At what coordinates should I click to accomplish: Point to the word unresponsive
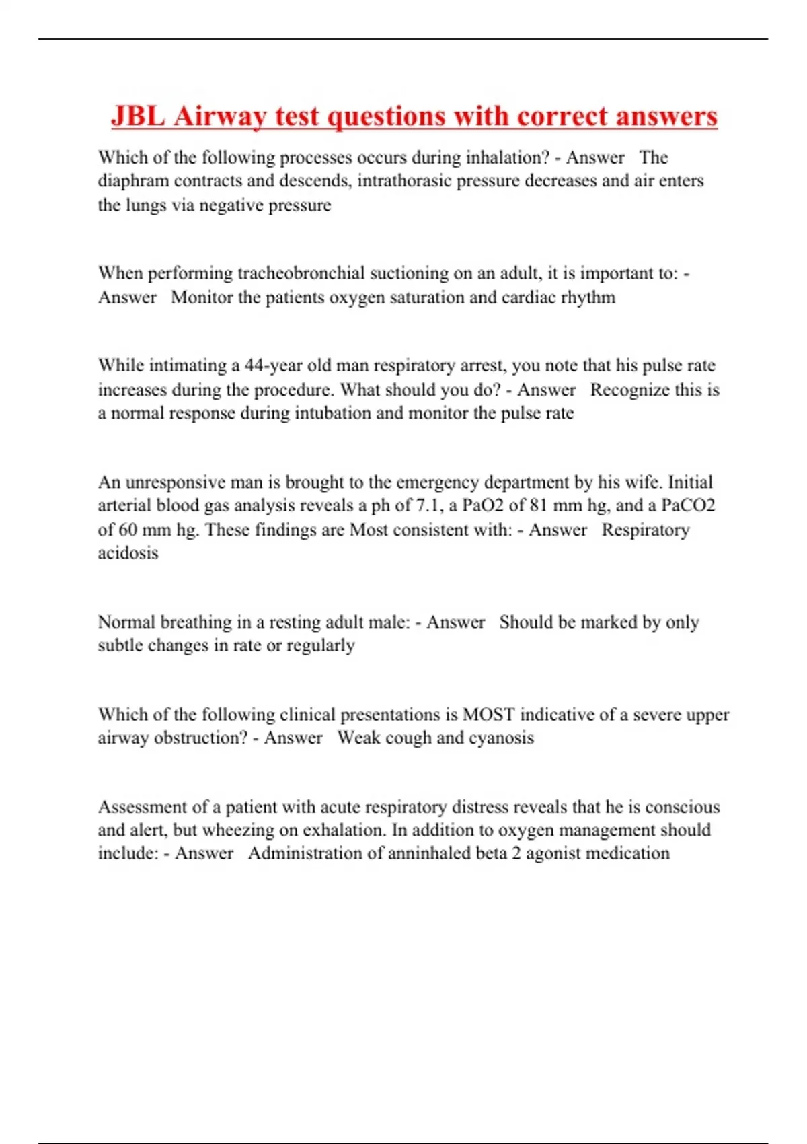176,482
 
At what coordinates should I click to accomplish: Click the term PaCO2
688,505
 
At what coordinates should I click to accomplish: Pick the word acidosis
128,553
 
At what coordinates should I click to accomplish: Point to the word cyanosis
501,738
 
